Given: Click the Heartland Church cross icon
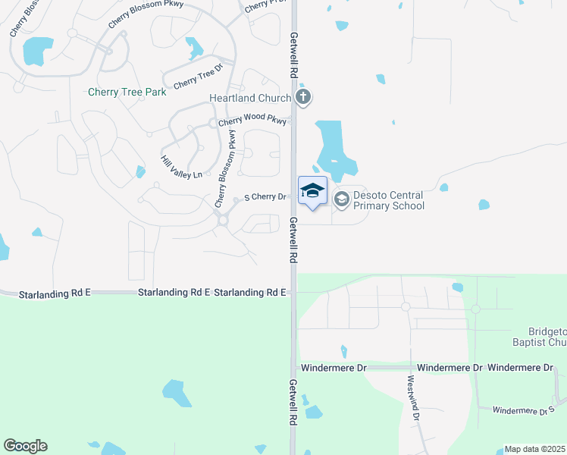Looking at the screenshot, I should [303, 97].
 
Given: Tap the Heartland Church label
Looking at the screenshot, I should [250, 99].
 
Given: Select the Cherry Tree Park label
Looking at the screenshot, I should [127, 93].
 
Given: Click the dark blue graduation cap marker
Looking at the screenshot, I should [312, 190].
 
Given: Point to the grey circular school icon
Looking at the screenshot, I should [341, 199].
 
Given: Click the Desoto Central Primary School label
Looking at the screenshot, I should [388, 200].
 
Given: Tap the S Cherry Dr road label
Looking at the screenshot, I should [264, 197].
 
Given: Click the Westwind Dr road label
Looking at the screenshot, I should [412, 398].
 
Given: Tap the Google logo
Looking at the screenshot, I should [25, 446].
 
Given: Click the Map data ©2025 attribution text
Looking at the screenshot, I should [535, 449].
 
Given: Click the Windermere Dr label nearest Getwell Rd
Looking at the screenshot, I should [334, 367].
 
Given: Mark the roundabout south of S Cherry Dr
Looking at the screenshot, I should [222, 220].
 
